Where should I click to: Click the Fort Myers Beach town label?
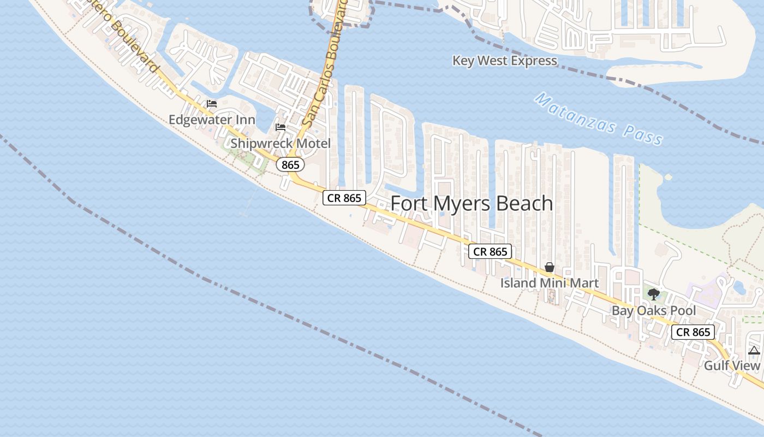[471, 203]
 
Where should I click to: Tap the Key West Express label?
[504, 61]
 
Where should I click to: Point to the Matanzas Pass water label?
[598, 120]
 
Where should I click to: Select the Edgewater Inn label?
[212, 120]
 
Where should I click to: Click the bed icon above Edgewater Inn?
[212, 104]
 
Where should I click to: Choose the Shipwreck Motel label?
[280, 144]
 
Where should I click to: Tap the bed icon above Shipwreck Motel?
[280, 127]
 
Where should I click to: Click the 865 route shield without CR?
[290, 164]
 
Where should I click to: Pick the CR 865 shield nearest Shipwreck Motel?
[344, 198]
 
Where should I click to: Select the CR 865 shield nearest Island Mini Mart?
[490, 251]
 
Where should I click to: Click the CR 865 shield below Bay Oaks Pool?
[693, 332]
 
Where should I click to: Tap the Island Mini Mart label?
[550, 283]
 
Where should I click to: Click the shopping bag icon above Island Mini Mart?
[550, 267]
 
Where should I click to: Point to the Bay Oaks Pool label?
[653, 311]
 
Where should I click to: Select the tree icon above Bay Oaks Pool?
[653, 295]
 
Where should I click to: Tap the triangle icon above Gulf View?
[754, 350]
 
